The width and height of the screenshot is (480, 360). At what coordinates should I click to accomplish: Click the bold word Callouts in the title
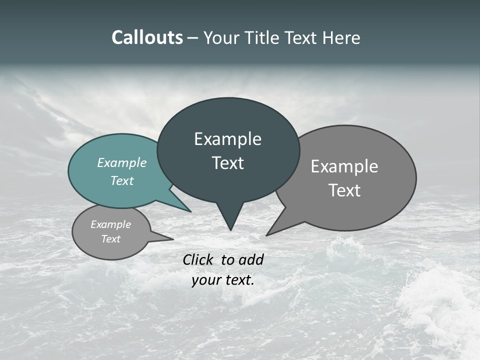(x=147, y=37)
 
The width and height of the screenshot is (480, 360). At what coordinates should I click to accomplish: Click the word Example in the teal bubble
(x=122, y=162)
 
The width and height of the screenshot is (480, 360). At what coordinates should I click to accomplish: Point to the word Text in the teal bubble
(x=122, y=180)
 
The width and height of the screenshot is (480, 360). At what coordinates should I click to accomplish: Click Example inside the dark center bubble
(x=227, y=139)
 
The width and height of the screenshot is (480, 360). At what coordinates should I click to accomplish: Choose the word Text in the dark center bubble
(x=227, y=163)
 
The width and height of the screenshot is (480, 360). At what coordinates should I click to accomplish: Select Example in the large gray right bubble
(x=344, y=166)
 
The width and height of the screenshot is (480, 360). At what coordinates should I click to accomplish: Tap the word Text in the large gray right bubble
(x=344, y=190)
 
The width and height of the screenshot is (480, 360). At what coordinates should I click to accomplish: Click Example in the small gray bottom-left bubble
(x=111, y=224)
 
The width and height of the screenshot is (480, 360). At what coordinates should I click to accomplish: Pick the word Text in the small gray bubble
(x=111, y=239)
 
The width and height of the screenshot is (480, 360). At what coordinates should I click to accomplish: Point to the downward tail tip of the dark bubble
(x=230, y=229)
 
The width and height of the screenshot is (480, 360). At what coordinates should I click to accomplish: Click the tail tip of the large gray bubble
(x=267, y=234)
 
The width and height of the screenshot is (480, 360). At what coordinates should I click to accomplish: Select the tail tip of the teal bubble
(x=190, y=211)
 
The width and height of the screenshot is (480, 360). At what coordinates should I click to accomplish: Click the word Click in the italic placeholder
(x=198, y=259)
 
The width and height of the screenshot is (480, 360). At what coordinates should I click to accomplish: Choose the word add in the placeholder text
(x=251, y=259)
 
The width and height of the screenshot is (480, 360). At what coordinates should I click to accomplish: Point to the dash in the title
(x=193, y=37)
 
